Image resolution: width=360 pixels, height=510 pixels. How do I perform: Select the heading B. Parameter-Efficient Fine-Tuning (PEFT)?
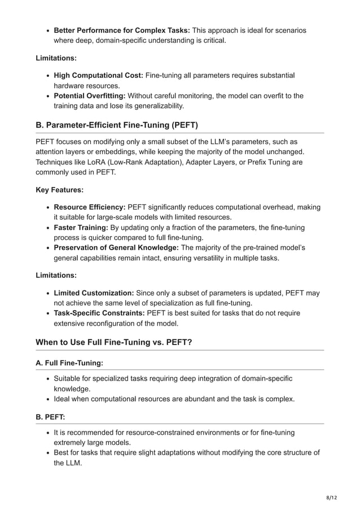pyautogui.click(x=117, y=125)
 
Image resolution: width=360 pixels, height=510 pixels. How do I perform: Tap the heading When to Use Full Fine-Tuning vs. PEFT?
pyautogui.click(x=114, y=342)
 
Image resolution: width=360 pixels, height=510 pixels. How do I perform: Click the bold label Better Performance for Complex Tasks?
pyautogui.click(x=121, y=30)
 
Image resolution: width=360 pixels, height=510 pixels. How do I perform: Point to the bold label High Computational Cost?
pyautogui.click(x=99, y=75)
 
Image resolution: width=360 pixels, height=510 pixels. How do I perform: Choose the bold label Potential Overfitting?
pyautogui.click(x=90, y=95)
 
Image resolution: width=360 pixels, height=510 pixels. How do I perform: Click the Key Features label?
pyautogui.click(x=59, y=190)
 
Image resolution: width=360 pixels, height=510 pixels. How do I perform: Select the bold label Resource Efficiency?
pyautogui.click(x=89, y=207)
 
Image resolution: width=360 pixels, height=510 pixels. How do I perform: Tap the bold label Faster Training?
pyautogui.click(x=81, y=228)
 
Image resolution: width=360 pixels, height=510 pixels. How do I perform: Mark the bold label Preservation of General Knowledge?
pyautogui.click(x=116, y=248)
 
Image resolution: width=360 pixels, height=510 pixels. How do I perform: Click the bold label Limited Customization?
pyautogui.click(x=94, y=293)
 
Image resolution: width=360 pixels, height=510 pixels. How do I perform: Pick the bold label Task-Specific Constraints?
pyautogui.click(x=99, y=313)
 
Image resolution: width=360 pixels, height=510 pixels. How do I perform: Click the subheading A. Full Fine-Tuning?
pyautogui.click(x=69, y=363)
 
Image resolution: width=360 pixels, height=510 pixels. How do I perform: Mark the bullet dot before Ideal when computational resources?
pyautogui.click(x=49, y=399)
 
